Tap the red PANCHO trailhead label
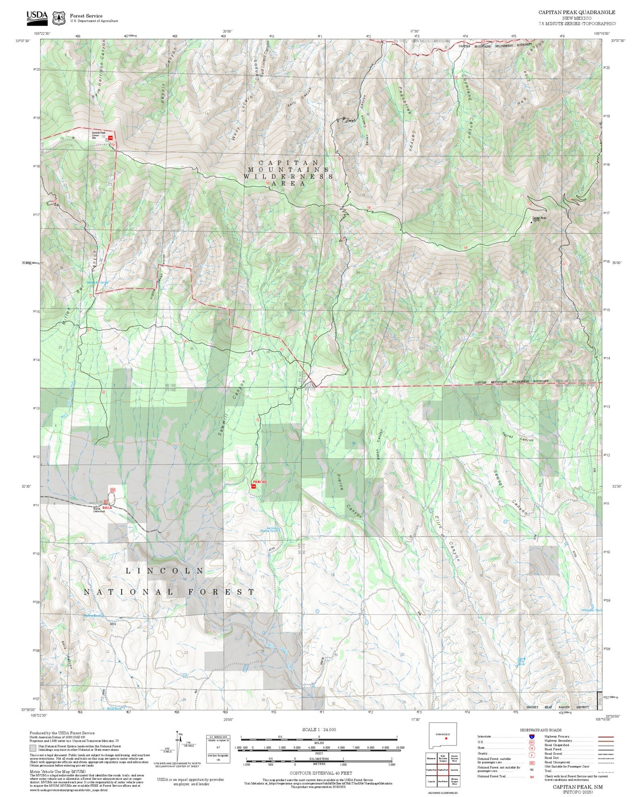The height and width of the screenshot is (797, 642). point(259,482)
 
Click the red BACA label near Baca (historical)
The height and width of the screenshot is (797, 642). point(107,507)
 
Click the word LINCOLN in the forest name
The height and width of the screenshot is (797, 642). point(165,570)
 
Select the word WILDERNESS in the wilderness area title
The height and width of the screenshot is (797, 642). point(288,176)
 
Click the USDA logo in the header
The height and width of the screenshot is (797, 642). point(37,17)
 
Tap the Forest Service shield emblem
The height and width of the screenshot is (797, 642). point(58,18)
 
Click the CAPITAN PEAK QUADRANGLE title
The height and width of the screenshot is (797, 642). point(577,12)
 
